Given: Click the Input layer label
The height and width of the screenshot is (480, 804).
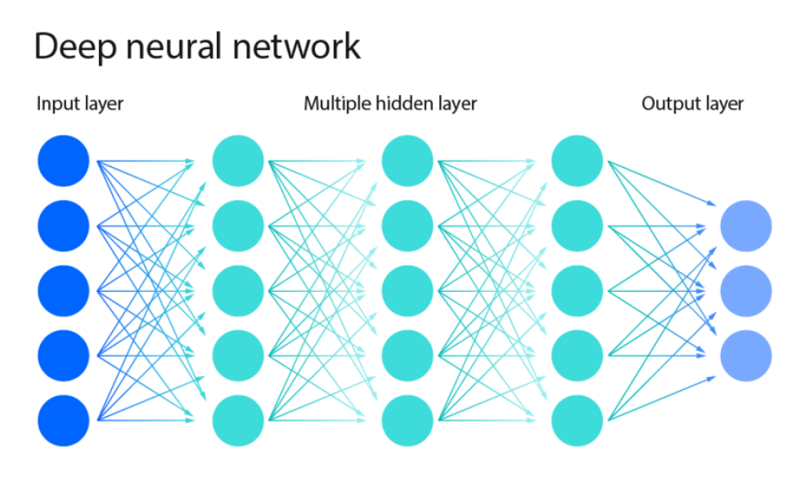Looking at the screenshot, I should [80, 104].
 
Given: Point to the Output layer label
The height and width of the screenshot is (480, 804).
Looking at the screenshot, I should [693, 104].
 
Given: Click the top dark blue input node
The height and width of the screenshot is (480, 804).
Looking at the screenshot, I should [64, 161].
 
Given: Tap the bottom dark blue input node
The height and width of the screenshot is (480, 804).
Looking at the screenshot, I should [64, 420].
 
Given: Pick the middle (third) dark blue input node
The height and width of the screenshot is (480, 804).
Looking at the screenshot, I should [64, 290].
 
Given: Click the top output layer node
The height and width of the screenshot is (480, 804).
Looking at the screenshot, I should [746, 226].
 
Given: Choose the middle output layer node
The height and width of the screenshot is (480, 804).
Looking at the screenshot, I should [746, 290].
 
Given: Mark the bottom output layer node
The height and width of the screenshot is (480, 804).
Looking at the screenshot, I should [746, 355].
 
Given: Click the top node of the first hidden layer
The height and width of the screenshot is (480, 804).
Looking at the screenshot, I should [238, 161].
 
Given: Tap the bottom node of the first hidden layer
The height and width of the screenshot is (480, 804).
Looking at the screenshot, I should [238, 420].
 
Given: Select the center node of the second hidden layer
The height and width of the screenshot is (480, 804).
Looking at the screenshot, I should [407, 290].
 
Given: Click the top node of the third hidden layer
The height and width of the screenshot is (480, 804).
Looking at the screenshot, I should [577, 161].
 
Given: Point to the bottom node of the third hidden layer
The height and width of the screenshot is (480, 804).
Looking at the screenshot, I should [577, 420].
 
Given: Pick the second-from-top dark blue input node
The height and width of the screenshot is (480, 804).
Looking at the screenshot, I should [64, 226].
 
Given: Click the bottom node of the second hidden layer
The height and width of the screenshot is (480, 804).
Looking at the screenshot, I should [407, 420].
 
